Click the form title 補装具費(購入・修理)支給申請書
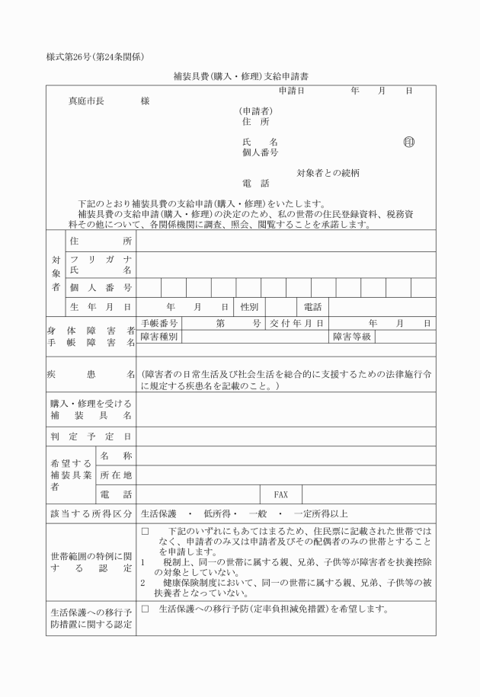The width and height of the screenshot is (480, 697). (x=240, y=77)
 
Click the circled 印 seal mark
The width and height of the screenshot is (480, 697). (x=409, y=142)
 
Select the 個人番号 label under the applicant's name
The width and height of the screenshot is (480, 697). (x=259, y=152)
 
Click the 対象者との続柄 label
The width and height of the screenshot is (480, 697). (x=328, y=173)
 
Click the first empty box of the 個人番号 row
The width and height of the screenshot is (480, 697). (x=149, y=287)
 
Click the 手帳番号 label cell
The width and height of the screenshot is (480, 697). (x=159, y=324)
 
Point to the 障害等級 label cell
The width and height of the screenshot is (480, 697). (x=351, y=337)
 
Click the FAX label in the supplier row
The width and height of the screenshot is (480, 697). (x=280, y=494)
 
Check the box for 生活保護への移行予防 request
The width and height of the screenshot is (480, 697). (x=145, y=609)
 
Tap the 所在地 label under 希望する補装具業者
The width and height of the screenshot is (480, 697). (x=117, y=475)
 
